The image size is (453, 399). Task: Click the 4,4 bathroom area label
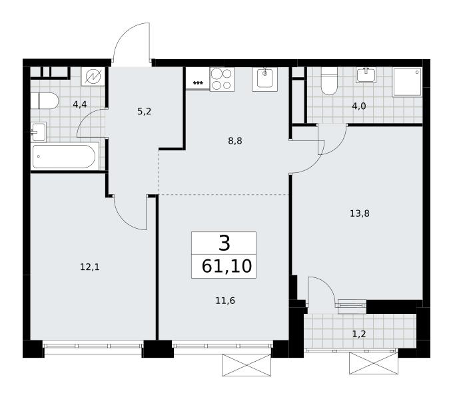[x=80, y=104]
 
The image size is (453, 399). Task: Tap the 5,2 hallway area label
[x=144, y=111]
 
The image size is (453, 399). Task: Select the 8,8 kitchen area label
[x=235, y=141]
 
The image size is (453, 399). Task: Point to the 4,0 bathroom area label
[x=359, y=106]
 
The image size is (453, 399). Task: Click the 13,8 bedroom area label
[x=360, y=213]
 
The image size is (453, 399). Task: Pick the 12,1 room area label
[x=90, y=267]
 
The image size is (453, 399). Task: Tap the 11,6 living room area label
[x=225, y=301]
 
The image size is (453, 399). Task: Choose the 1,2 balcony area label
[x=359, y=334]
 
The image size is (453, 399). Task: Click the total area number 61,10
[x=226, y=266]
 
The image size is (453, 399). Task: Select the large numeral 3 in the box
[x=225, y=243]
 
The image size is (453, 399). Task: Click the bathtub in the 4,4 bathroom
[x=64, y=156]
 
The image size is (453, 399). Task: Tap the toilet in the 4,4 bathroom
[x=45, y=101]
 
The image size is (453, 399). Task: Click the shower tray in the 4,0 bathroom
[x=407, y=82]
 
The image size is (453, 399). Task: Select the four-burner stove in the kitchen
[x=222, y=79]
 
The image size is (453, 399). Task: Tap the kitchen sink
[x=264, y=79]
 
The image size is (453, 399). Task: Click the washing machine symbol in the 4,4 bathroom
[x=94, y=76]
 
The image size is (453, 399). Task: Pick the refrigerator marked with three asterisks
[x=198, y=78]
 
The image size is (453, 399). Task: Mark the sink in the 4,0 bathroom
[x=366, y=75]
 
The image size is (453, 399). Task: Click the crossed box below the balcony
[x=374, y=363]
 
